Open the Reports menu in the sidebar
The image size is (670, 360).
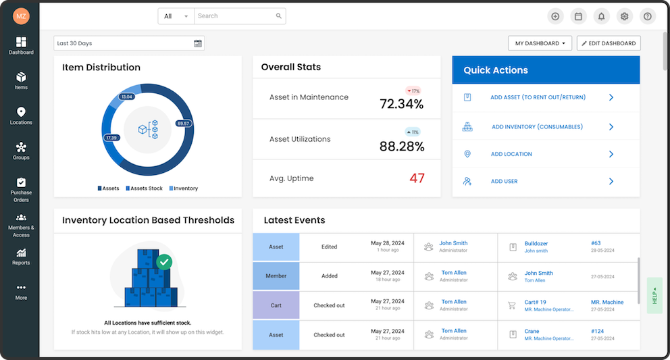click(x=21, y=257)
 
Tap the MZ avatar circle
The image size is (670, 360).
click(x=21, y=16)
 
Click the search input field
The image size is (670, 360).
click(x=236, y=16)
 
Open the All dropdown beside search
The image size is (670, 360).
click(x=176, y=16)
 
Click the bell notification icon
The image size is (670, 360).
click(x=601, y=16)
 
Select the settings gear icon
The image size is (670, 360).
click(x=624, y=16)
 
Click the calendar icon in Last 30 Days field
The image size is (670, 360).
click(x=198, y=43)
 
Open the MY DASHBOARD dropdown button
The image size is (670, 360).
click(x=540, y=43)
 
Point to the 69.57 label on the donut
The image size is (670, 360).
click(x=183, y=124)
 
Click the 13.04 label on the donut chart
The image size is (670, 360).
click(x=126, y=97)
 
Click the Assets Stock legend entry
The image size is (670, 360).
click(x=144, y=188)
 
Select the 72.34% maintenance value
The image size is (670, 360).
click(x=401, y=104)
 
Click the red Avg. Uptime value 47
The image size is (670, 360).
click(x=417, y=178)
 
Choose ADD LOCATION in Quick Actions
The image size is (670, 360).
click(x=511, y=154)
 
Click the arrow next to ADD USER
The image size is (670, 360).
click(x=611, y=181)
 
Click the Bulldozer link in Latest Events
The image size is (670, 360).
click(x=536, y=243)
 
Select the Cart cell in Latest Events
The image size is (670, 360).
click(x=276, y=305)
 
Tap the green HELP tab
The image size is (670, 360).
click(x=654, y=296)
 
